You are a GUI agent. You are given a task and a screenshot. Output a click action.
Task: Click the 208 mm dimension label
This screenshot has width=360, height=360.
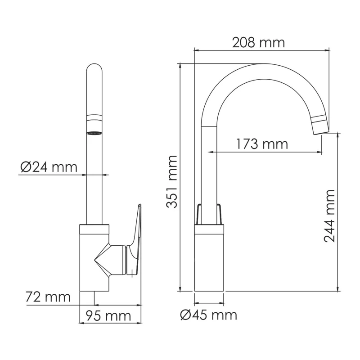pyautogui.click(x=258, y=43)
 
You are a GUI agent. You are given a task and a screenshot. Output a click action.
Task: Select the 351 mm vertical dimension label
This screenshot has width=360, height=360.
pyautogui.click(x=171, y=181)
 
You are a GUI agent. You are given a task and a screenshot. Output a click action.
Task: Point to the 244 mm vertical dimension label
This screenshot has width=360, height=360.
pyautogui.click(x=330, y=216)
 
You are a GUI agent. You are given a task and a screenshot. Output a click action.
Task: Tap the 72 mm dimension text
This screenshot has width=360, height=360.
pyautogui.click(x=49, y=297)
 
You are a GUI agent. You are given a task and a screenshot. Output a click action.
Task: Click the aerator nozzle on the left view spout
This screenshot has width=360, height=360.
pyautogui.click(x=94, y=133)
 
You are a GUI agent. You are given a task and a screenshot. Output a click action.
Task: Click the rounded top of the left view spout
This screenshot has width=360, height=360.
pyautogui.click(x=94, y=72)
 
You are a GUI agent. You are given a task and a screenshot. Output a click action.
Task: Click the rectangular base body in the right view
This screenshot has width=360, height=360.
pyautogui.click(x=209, y=261)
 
